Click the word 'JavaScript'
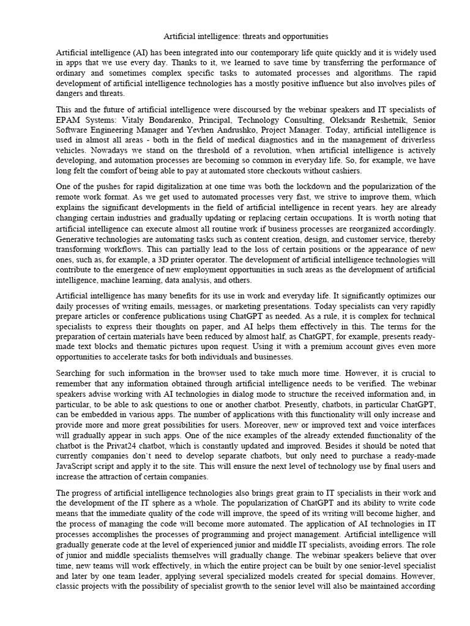click(x=79, y=466)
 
